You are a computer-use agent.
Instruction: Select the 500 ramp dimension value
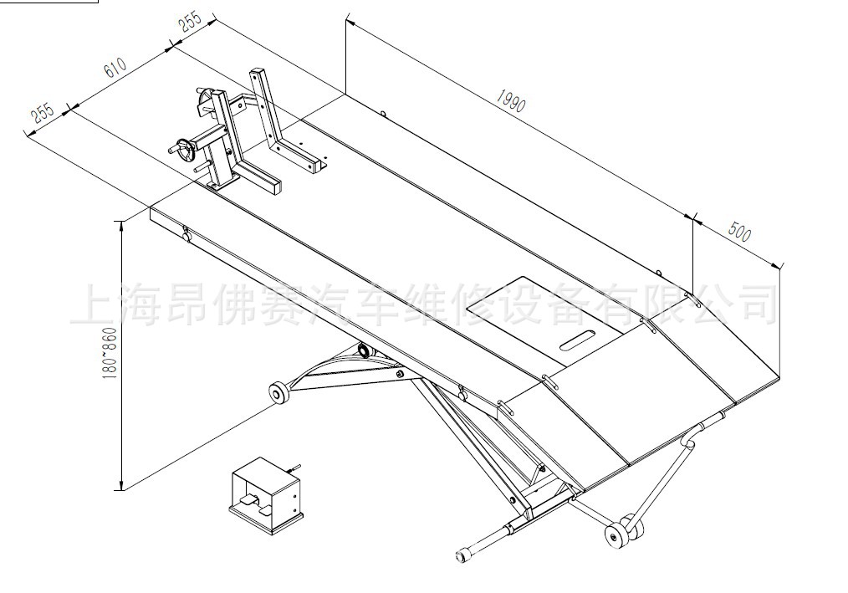pos(740,232)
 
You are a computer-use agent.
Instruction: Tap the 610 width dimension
pos(116,69)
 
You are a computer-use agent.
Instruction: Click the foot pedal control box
pos(265,493)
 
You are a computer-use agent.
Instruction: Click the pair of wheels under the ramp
pos(622,533)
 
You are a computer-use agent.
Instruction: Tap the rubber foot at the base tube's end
pos(462,554)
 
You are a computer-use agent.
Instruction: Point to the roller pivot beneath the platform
pos(364,350)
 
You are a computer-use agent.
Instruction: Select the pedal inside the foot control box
pos(249,502)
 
